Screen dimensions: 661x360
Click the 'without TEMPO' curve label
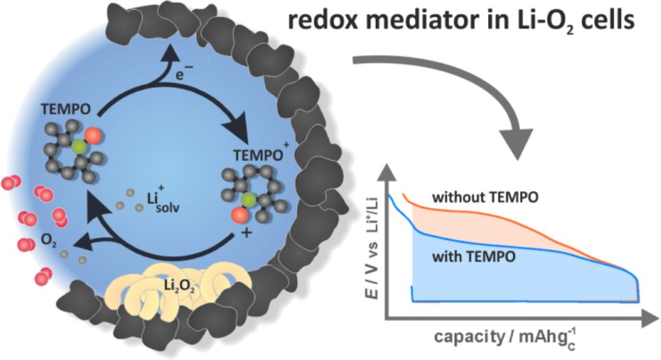coord(485,197)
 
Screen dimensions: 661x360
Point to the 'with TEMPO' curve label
coord(474,256)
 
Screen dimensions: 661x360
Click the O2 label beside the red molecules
coord(49,240)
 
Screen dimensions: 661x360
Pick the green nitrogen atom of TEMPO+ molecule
coord(248,199)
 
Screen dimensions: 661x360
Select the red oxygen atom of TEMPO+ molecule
coord(240,215)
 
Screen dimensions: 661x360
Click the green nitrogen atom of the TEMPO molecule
coord(78,147)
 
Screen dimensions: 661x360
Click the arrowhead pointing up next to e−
coord(172,53)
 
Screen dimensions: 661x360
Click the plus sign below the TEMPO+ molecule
coord(245,232)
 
